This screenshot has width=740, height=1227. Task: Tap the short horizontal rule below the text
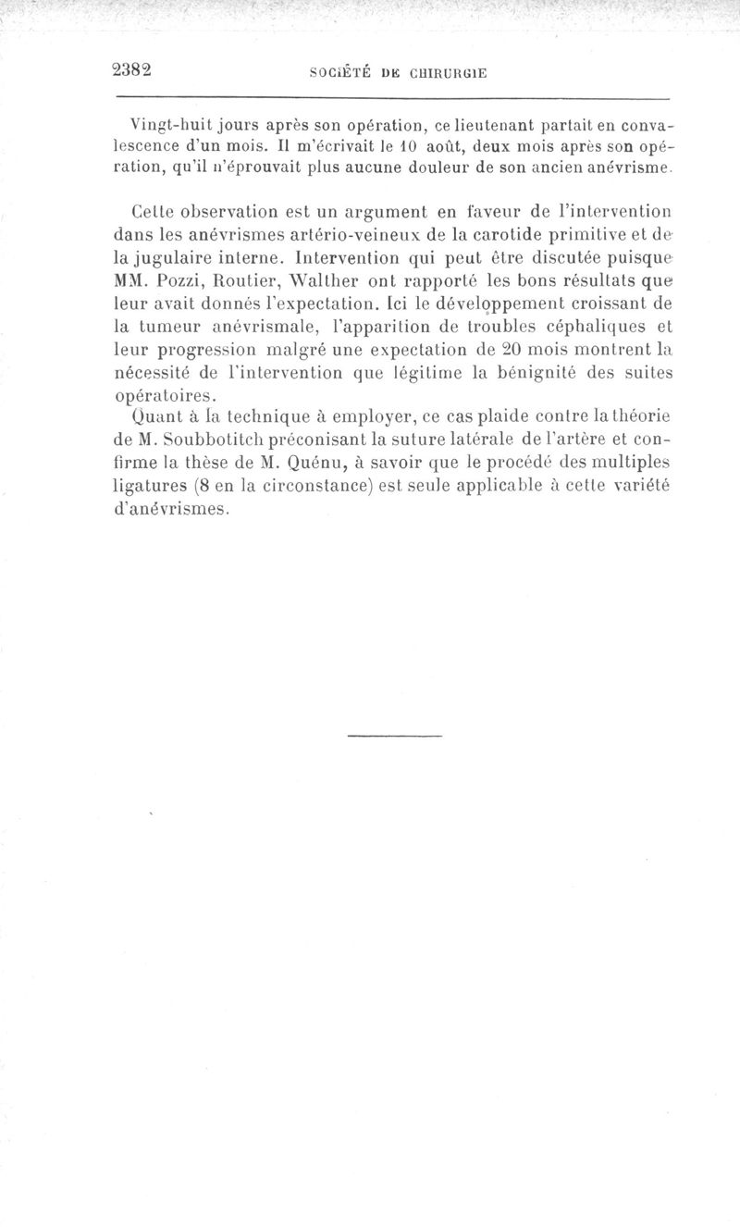tap(395, 736)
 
